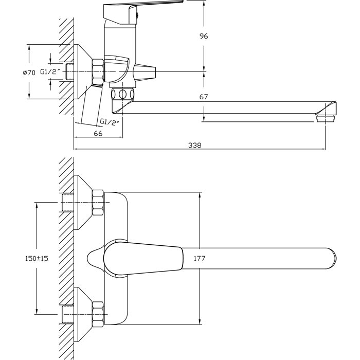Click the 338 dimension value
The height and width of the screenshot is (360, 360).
(194, 146)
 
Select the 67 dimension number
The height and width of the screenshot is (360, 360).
(204, 97)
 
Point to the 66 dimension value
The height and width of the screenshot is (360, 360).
(98, 133)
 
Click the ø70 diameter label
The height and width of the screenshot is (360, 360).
(29, 73)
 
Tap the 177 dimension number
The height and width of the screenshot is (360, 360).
(200, 259)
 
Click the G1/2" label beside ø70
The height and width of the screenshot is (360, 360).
(51, 73)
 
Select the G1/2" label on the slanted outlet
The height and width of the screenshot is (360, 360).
(110, 122)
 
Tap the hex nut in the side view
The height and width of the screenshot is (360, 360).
(97, 70)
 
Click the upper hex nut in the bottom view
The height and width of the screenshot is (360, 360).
(97, 202)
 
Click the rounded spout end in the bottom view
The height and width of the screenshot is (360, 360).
(329, 258)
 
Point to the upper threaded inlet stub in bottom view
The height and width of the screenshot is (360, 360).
(67, 203)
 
